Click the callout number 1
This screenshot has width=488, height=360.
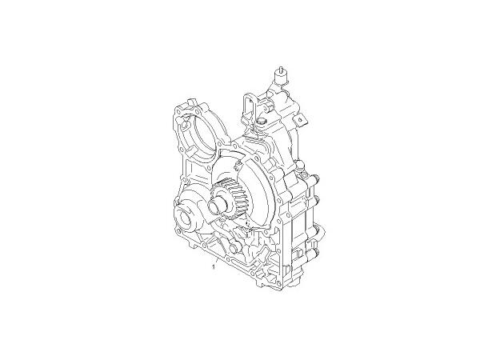coord(214,268)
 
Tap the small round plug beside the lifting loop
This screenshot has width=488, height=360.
coord(262,121)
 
